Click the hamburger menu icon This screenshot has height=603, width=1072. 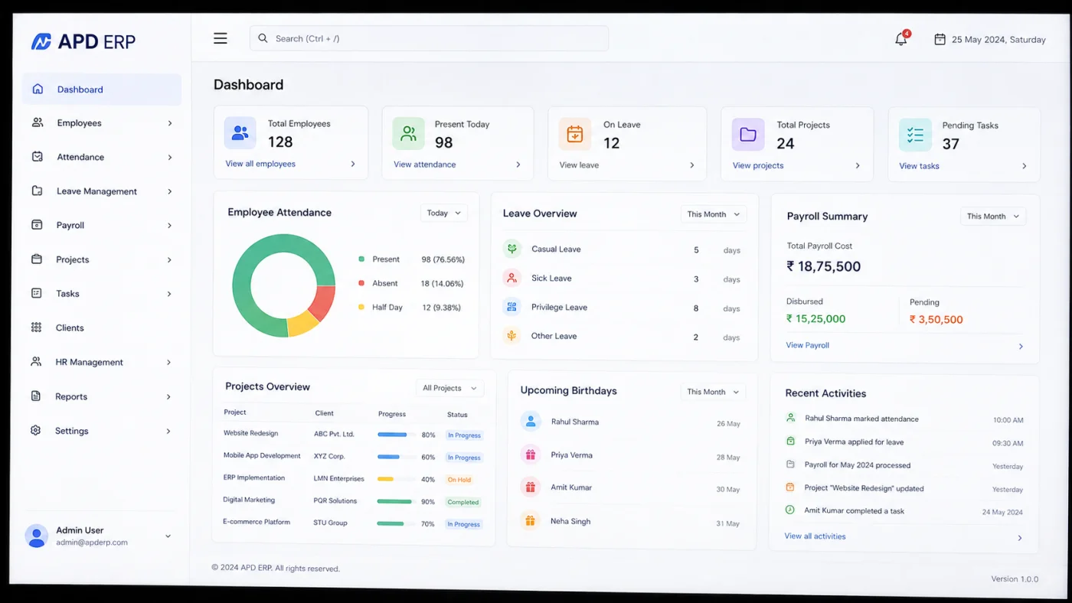[221, 38]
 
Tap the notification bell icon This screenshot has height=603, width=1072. [901, 39]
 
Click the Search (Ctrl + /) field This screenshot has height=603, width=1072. [429, 38]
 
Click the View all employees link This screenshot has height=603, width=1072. [260, 164]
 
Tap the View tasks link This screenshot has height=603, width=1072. [919, 166]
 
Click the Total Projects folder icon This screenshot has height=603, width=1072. [748, 135]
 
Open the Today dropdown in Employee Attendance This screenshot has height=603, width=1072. [443, 213]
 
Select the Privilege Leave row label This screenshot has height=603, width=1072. [559, 307]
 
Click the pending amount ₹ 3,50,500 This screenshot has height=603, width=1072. [936, 319]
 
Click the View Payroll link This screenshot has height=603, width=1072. [807, 345]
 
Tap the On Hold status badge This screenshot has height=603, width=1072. [459, 480]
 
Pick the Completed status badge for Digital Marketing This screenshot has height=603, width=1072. [462, 502]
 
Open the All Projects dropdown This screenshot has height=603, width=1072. [449, 388]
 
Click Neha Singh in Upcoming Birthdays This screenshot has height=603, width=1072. [570, 521]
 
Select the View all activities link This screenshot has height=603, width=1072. [815, 536]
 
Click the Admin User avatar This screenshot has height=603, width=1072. [37, 536]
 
